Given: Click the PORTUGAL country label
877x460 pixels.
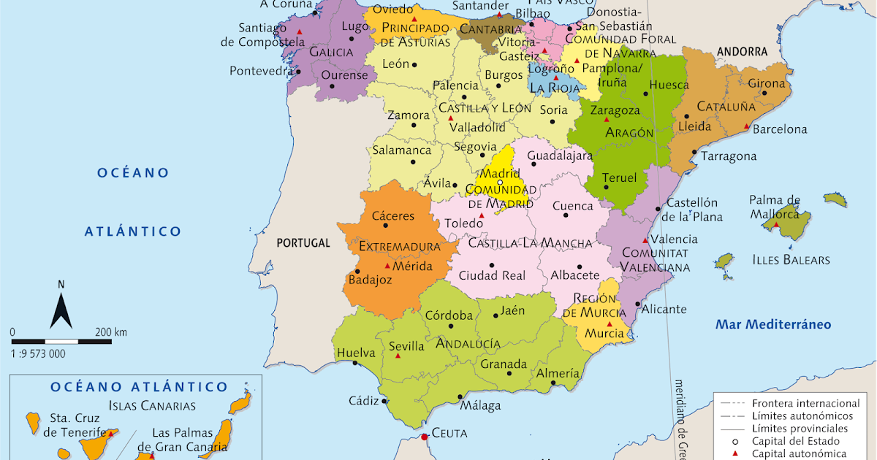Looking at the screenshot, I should pyautogui.click(x=303, y=243).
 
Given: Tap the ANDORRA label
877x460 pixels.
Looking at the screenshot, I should pyautogui.click(x=742, y=52).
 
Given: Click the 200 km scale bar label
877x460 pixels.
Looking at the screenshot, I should pyautogui.click(x=110, y=332).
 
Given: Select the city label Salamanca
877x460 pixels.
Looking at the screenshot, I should pyautogui.click(x=402, y=150).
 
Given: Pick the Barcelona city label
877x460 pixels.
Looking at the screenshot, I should pyautogui.click(x=780, y=129).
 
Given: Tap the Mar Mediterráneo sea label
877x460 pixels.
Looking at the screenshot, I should pyautogui.click(x=773, y=324).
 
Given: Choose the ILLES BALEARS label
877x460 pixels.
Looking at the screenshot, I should pyautogui.click(x=791, y=259).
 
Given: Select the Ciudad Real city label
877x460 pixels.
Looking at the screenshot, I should pyautogui.click(x=492, y=275).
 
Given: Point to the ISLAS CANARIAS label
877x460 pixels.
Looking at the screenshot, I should pyautogui.click(x=152, y=405).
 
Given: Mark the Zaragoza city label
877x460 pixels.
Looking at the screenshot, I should pyautogui.click(x=615, y=111).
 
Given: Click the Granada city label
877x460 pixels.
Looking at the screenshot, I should pyautogui.click(x=504, y=364).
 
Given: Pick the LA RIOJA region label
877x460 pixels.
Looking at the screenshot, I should pyautogui.click(x=554, y=88).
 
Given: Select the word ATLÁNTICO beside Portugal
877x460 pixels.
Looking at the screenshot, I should pyautogui.click(x=132, y=231).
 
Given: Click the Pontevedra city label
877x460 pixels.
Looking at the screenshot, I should pyautogui.click(x=261, y=71).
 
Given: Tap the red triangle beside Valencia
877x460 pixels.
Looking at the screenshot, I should pyautogui.click(x=644, y=240).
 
